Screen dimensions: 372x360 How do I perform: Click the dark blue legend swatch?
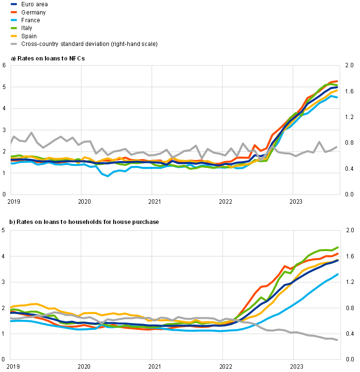click(14, 4)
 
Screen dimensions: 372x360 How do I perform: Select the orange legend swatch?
click(14, 12)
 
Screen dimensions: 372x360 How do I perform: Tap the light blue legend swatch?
click(14, 20)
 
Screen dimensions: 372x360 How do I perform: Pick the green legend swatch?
click(14, 28)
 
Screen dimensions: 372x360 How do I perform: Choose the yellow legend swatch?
click(14, 36)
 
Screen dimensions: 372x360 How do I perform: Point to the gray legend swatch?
click(14, 44)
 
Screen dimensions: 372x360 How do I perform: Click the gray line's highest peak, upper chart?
click(31, 133)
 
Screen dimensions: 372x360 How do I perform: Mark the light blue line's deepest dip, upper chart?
click(108, 176)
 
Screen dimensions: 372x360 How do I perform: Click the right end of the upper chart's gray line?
click(337, 147)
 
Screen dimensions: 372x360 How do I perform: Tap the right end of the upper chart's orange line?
click(337, 81)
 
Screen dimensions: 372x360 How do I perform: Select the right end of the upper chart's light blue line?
click(337, 97)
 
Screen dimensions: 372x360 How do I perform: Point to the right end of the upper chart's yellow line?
click(337, 90)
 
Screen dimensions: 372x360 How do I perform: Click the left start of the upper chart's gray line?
click(11, 143)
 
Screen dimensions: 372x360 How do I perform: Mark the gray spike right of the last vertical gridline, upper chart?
click(319, 142)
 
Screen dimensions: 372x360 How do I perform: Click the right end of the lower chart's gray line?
click(337, 341)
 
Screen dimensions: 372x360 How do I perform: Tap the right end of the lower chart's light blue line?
click(338, 274)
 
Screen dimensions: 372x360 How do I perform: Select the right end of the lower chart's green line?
click(338, 247)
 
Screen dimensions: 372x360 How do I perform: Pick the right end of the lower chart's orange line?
click(338, 253)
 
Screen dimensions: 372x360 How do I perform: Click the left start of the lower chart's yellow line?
click(11, 307)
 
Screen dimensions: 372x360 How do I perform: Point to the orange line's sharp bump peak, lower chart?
click(285, 266)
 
